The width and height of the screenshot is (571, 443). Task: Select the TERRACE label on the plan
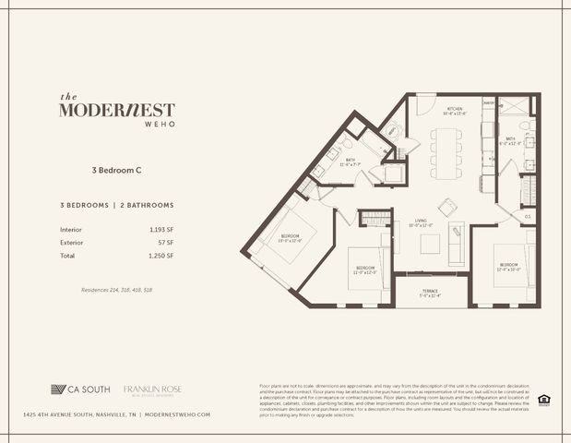(430, 293)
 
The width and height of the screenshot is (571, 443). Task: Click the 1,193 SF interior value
(161, 228)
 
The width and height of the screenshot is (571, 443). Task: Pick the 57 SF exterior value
(166, 242)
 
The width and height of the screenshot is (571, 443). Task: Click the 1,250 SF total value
(161, 255)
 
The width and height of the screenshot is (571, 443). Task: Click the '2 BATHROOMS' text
(147, 204)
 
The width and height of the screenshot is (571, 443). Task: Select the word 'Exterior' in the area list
(71, 242)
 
